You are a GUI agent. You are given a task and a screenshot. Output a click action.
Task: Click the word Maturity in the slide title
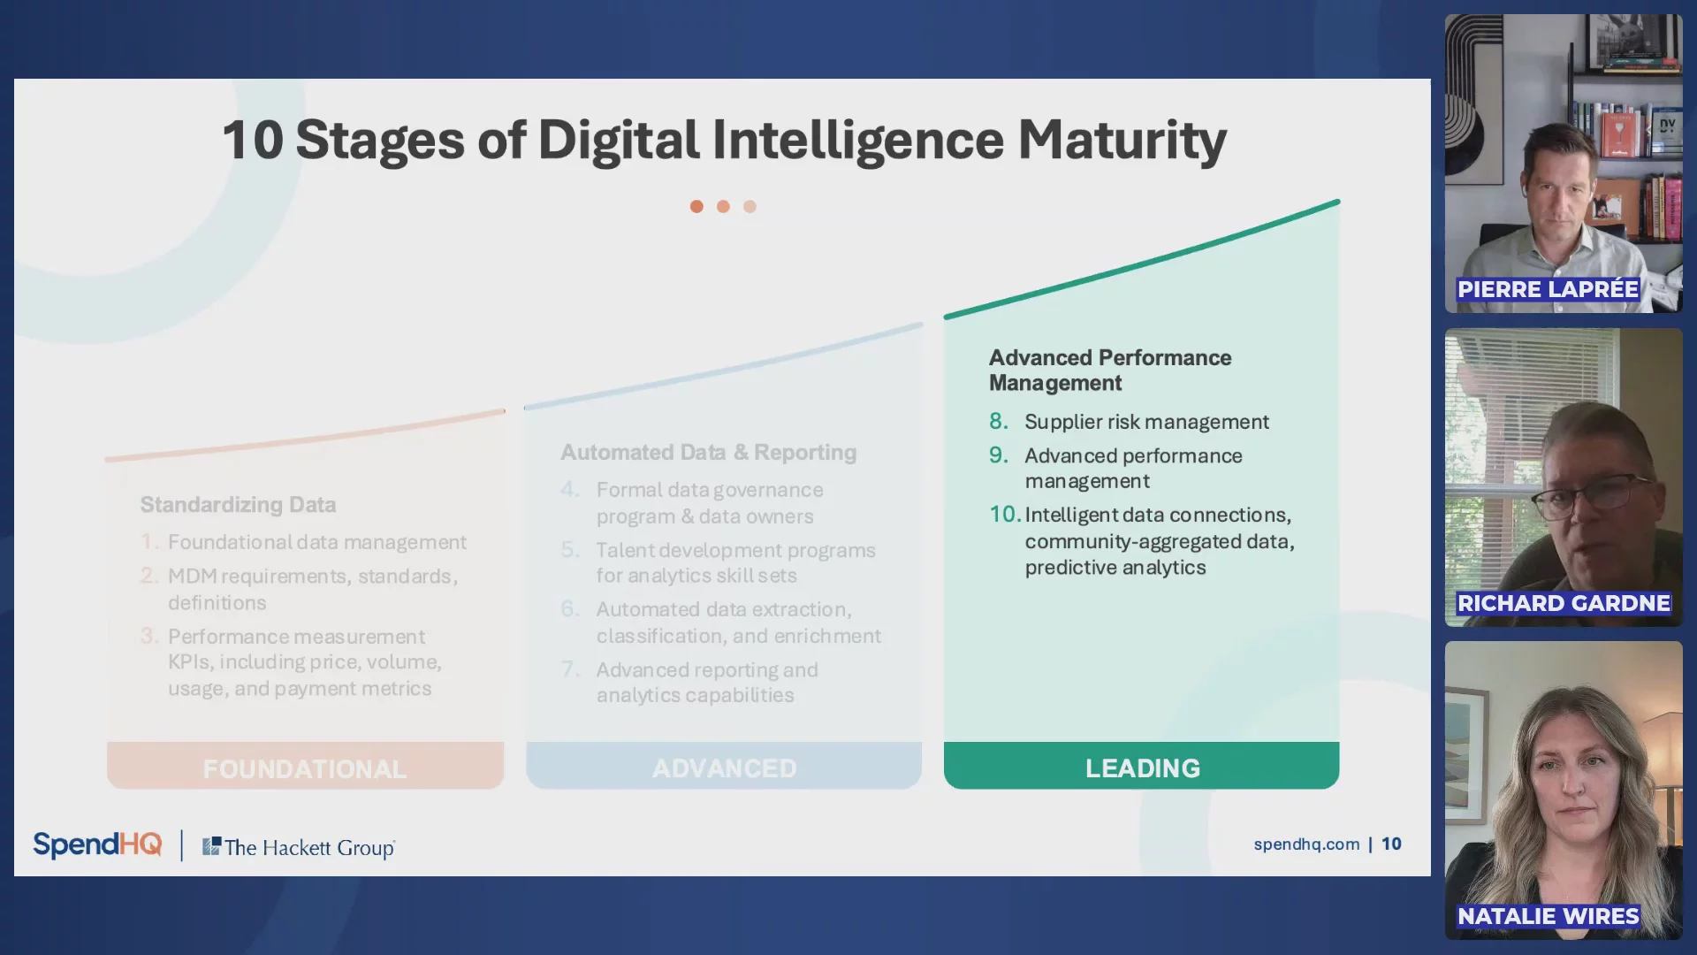click(1122, 141)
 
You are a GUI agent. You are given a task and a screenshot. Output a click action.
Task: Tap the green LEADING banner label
click(1142, 768)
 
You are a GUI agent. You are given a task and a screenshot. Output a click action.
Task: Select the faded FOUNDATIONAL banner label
click(305, 768)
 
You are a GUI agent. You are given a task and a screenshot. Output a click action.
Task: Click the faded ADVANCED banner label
click(724, 768)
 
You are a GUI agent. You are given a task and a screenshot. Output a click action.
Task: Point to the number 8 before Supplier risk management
click(999, 421)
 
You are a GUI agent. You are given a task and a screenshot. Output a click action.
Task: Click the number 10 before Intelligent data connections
click(1005, 514)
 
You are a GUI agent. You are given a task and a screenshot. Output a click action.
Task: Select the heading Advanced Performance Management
click(1110, 370)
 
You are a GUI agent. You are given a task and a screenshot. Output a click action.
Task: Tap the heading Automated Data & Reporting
click(709, 452)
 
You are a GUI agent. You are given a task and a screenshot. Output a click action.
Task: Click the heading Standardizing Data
click(238, 504)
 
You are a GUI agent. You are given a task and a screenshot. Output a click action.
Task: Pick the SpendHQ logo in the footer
click(97, 844)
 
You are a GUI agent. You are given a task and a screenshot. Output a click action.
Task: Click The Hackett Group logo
click(299, 847)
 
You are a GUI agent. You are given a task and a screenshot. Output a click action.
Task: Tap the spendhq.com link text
click(1306, 844)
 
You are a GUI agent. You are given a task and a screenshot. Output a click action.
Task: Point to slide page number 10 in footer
click(1391, 844)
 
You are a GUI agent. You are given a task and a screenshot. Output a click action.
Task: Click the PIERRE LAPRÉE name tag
click(1548, 289)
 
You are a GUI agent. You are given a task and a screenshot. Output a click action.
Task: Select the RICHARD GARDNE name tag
click(1564, 603)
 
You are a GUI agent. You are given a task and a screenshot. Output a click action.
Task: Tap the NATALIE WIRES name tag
click(1549, 916)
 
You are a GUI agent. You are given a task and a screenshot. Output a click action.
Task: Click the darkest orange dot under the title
click(696, 206)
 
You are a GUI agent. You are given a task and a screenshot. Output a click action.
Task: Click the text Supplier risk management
click(1146, 422)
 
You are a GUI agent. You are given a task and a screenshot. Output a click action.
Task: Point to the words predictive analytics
click(1115, 568)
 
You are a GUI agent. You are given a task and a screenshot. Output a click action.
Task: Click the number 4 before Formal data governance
click(570, 489)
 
